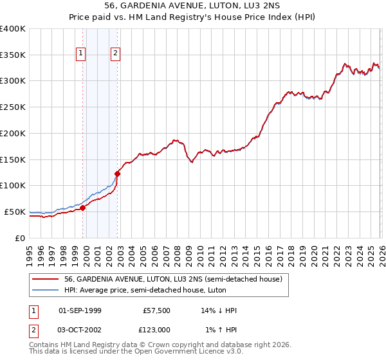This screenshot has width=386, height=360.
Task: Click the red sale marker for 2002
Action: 118,173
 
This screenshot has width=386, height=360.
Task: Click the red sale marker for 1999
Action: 82,208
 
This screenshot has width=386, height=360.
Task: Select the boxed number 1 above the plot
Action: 82,54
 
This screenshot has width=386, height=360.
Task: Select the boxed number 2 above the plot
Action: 115,54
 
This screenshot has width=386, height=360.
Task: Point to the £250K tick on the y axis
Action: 13,107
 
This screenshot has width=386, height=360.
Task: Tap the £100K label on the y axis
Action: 13,185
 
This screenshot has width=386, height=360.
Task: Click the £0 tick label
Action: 19,238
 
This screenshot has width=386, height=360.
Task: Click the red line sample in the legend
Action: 46,280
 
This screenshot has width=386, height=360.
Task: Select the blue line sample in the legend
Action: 46,291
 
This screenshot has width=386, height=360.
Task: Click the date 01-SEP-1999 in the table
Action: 80,310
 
